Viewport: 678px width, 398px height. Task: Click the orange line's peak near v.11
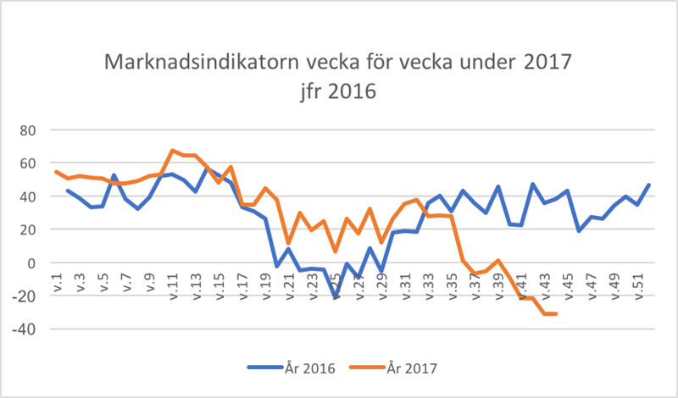click(172, 151)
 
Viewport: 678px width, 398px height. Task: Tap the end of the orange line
click(555, 314)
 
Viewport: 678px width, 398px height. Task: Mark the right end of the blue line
click(648, 185)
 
